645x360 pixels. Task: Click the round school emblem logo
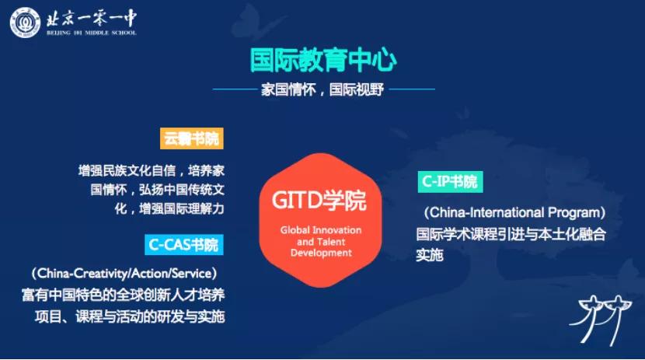tap(25, 23)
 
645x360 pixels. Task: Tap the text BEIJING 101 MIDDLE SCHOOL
tap(92, 33)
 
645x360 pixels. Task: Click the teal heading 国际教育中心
tap(323, 61)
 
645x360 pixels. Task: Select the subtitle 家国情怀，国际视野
tap(322, 89)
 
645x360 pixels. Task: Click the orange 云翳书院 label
tap(192, 138)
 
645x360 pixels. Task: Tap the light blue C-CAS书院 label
tap(184, 245)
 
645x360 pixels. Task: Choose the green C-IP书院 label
tap(450, 181)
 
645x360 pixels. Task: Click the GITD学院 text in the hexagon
tap(319, 201)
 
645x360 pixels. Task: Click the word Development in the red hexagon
tap(321, 253)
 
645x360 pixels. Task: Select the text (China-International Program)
tap(514, 213)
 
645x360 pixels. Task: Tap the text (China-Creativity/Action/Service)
tap(124, 273)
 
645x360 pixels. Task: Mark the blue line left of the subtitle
tap(235, 89)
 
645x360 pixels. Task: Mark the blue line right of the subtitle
tap(412, 89)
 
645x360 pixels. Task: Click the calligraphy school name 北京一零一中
tap(92, 19)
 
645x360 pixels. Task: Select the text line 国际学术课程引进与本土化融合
tap(511, 234)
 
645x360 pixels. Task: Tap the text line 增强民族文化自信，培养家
tap(152, 170)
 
